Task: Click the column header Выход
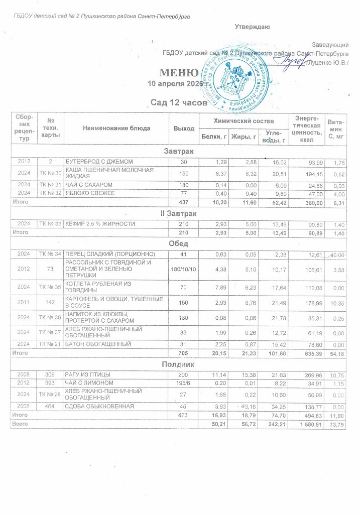(184, 128)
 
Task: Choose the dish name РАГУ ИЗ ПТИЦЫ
(86, 374)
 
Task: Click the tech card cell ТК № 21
(51, 344)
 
